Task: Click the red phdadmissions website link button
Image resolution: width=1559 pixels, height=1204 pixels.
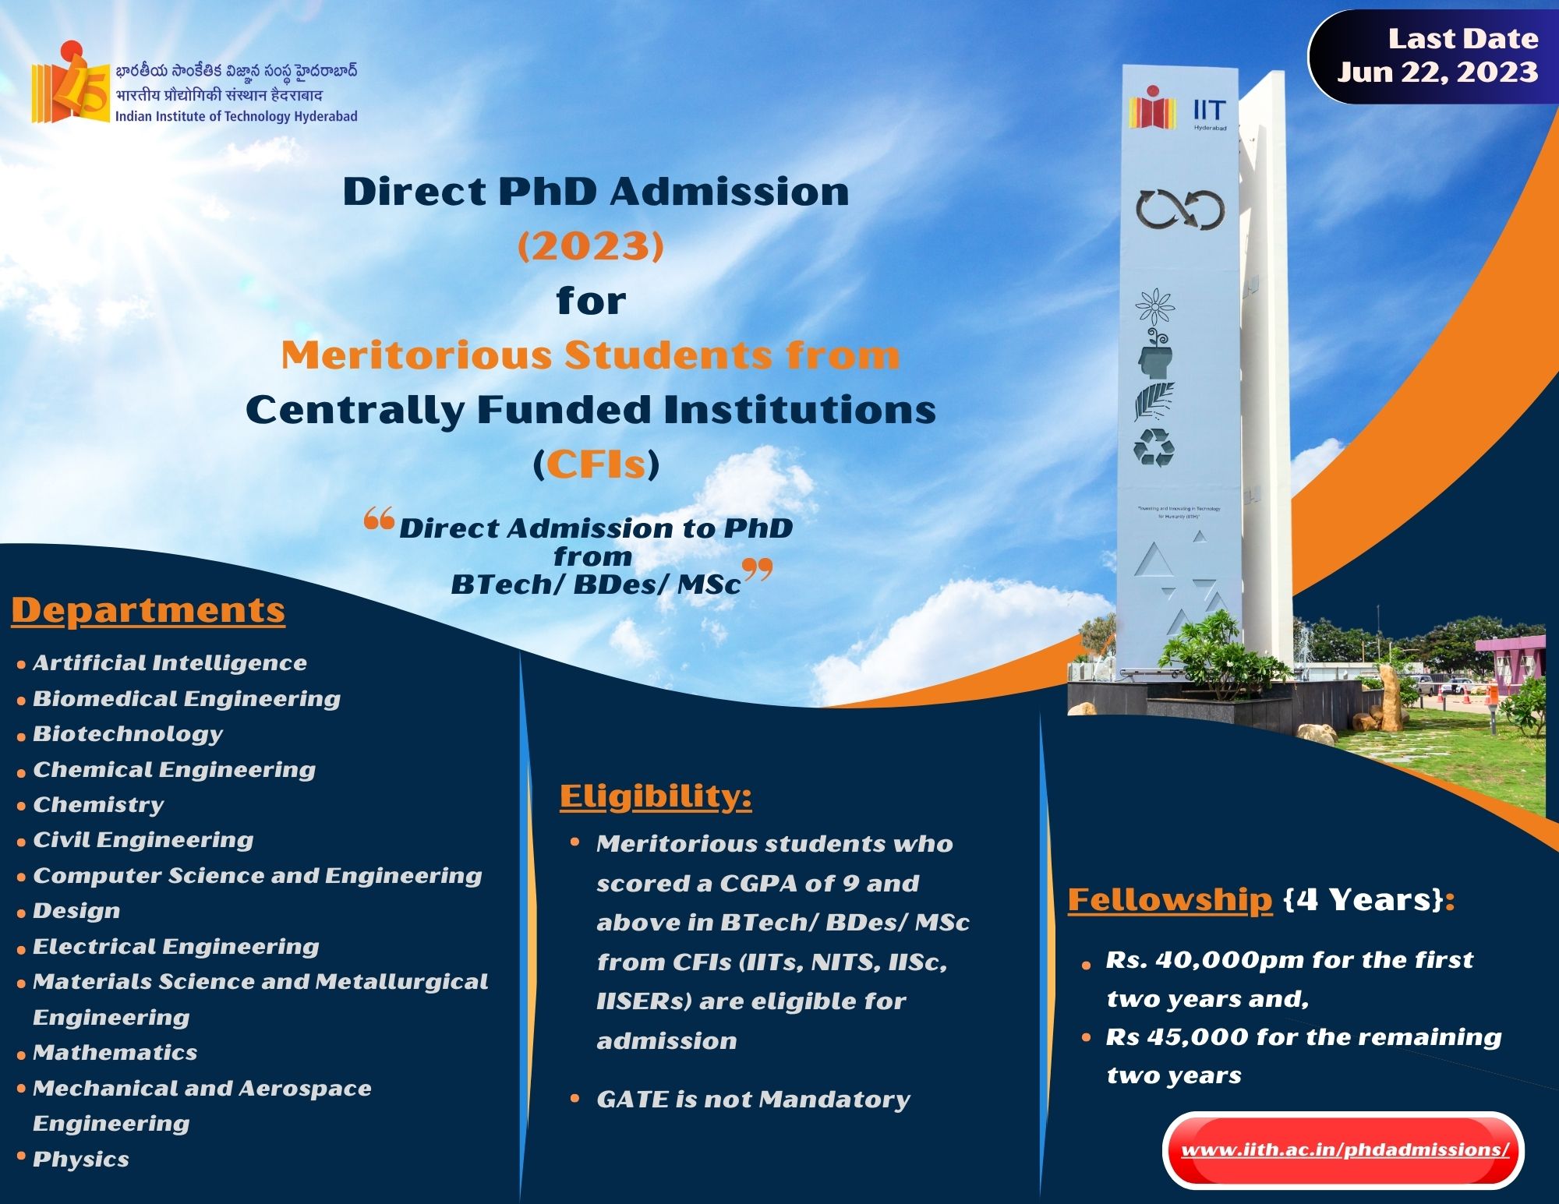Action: [1343, 1150]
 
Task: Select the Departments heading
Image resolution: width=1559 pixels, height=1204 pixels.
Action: [148, 610]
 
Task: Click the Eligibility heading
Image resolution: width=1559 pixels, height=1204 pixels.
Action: [656, 796]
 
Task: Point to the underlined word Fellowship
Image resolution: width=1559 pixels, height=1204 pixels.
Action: [1169, 900]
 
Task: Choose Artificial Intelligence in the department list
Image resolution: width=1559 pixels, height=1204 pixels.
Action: [170, 662]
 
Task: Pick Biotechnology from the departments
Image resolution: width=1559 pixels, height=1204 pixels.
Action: [128, 734]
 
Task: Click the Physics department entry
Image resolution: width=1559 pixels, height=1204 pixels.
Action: [81, 1160]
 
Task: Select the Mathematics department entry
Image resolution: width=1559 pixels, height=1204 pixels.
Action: [115, 1053]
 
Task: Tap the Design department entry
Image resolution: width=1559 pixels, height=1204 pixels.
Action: [76, 911]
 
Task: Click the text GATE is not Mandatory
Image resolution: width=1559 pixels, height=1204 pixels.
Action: [753, 1100]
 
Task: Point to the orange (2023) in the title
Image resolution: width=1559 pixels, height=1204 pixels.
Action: [592, 246]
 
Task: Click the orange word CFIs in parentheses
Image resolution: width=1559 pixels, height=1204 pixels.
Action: [596, 464]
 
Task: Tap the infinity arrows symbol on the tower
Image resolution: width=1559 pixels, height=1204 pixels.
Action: [1179, 210]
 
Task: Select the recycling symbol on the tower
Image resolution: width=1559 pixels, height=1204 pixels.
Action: [1154, 448]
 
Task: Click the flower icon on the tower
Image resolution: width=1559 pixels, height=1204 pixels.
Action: [1155, 307]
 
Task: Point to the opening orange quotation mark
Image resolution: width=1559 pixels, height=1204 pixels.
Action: [379, 520]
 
